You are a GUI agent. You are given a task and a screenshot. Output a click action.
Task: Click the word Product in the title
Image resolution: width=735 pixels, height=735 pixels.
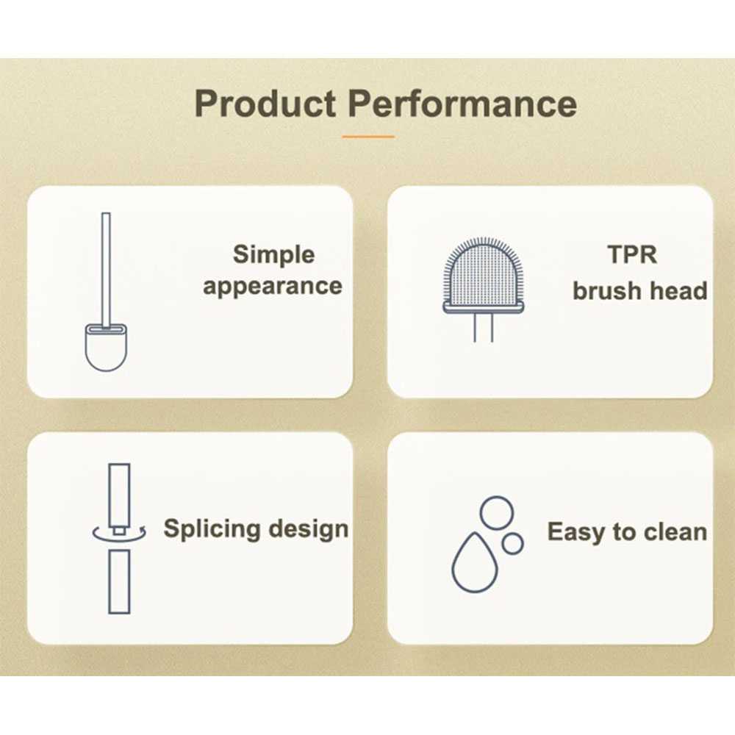point(265,103)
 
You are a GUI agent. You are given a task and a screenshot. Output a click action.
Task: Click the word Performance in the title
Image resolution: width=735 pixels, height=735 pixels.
point(462,103)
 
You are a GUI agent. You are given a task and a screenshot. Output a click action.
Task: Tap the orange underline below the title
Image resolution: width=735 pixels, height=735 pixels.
point(368,137)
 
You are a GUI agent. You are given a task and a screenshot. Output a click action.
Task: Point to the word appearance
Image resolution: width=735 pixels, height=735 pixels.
point(273,287)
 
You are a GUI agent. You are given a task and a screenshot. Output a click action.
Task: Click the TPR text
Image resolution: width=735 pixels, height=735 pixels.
point(632,254)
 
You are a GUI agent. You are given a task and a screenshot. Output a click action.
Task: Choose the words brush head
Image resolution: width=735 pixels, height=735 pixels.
point(640,290)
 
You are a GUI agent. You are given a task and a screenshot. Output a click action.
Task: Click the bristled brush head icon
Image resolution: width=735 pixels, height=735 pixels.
point(484,275)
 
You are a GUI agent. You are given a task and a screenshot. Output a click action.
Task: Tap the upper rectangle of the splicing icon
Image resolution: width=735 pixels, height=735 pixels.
point(119,496)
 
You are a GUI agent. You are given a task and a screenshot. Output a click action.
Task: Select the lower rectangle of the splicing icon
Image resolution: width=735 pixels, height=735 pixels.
point(119,581)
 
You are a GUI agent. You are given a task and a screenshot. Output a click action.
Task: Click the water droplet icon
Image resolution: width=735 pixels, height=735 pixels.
point(474,562)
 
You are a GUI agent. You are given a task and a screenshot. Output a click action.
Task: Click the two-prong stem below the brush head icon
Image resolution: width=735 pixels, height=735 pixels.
point(484,328)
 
